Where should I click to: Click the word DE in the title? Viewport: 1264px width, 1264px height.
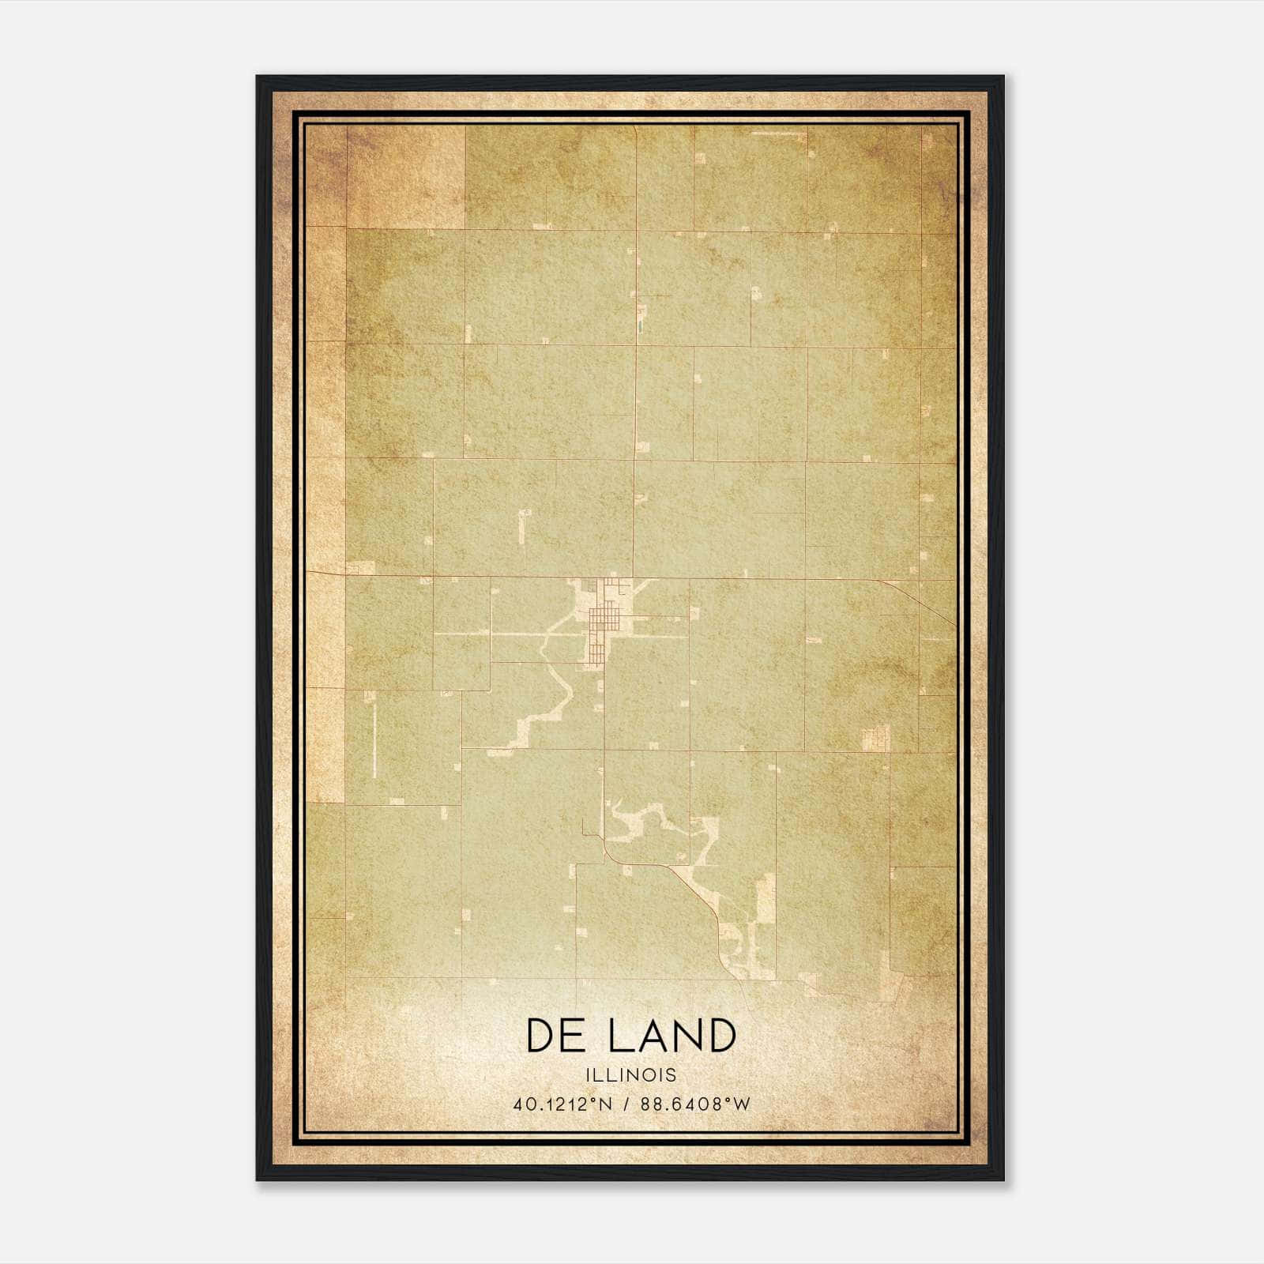tap(559, 1036)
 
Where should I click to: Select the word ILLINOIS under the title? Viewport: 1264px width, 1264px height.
tap(631, 1075)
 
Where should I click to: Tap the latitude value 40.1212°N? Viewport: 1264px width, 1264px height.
tap(562, 1104)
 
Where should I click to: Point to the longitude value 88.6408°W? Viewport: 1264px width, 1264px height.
tap(694, 1104)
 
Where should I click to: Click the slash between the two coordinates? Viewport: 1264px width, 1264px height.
tap(626, 1104)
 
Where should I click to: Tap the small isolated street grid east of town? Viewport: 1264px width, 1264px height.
tap(875, 739)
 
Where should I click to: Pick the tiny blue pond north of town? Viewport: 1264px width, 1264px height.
tap(638, 324)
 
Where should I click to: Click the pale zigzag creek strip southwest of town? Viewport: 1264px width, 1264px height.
tap(537, 711)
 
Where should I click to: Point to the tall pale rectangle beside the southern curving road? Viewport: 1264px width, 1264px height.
tap(766, 901)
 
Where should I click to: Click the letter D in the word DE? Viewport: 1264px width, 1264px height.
tap(543, 1036)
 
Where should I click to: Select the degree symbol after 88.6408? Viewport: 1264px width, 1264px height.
tap(725, 1099)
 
